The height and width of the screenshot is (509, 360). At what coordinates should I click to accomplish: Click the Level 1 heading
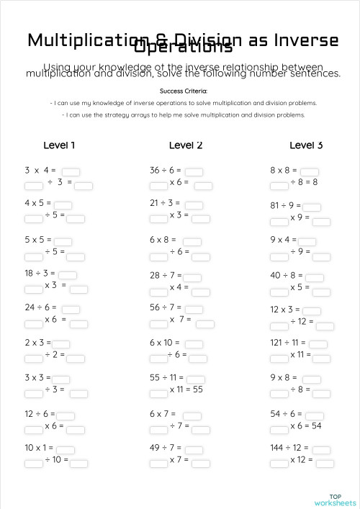(59, 145)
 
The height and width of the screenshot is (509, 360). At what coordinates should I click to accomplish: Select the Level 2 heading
(186, 145)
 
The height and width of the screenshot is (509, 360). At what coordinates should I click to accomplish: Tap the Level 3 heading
(306, 145)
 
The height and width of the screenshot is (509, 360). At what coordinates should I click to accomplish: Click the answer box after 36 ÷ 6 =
(194, 171)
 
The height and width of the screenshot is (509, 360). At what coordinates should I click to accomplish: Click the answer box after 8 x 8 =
(310, 171)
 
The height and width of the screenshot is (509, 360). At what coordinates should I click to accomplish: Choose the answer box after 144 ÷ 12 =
(322, 449)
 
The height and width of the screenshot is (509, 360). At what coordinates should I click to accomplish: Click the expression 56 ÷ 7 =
(166, 307)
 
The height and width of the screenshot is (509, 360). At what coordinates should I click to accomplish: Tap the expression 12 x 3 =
(285, 310)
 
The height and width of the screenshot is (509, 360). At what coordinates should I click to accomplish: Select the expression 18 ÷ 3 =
(40, 274)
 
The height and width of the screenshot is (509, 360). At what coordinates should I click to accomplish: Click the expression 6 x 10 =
(166, 343)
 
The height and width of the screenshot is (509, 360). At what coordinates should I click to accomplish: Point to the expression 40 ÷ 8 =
(287, 275)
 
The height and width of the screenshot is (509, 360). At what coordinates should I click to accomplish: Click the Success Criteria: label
(184, 91)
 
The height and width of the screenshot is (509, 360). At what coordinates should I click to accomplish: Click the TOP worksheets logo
(335, 499)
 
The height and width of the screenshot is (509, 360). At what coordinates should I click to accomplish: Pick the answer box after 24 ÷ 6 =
(71, 309)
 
